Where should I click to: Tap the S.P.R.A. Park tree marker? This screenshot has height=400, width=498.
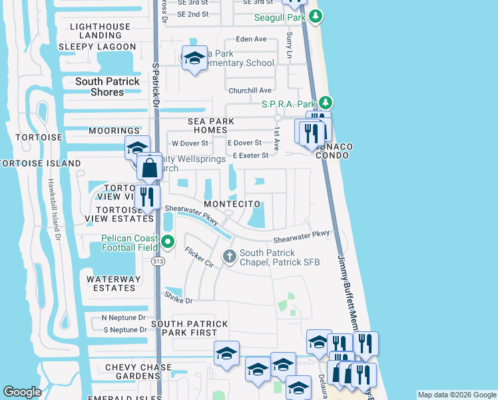325,103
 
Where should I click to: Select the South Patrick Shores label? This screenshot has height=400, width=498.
107,87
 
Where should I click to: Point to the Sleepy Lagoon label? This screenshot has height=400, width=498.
97,47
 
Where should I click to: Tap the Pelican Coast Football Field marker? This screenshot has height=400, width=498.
167,242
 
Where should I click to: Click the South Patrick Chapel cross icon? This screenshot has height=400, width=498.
230,256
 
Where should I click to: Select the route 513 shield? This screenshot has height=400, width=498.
157,261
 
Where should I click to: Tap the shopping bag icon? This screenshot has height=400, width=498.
150,168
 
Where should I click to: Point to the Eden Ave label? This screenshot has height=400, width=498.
252,39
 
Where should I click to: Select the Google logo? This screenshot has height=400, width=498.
23,392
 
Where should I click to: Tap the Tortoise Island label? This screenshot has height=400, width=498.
40,163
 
